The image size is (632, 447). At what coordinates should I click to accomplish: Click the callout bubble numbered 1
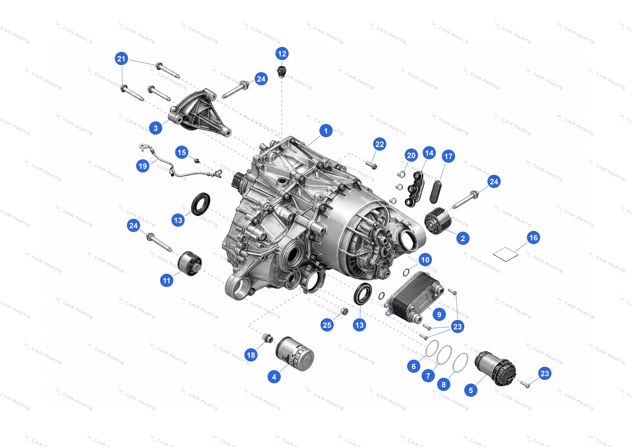coord(326,131)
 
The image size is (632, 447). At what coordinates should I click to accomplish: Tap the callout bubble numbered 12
coord(282,54)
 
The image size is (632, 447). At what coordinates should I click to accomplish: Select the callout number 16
coord(534,237)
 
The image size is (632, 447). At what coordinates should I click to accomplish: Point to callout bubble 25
coord(327,325)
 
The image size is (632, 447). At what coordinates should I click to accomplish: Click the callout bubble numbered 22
coord(379,144)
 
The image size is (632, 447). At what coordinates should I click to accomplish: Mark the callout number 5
coord(471,390)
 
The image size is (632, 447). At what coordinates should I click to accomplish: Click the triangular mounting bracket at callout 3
coord(200,113)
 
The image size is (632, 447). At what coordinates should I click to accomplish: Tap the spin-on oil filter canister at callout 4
coord(295,354)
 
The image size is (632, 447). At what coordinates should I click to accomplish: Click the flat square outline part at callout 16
coord(506,254)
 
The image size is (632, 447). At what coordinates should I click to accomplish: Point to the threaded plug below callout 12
coord(281,72)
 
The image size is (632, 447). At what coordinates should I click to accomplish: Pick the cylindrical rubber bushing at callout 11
coord(190,264)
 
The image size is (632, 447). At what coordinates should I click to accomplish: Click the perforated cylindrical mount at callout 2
coord(438,221)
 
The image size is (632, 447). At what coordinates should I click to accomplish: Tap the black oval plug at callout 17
coord(436,192)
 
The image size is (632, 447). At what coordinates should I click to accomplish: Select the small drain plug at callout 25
coord(344,311)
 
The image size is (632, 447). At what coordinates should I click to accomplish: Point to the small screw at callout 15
coord(197,161)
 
